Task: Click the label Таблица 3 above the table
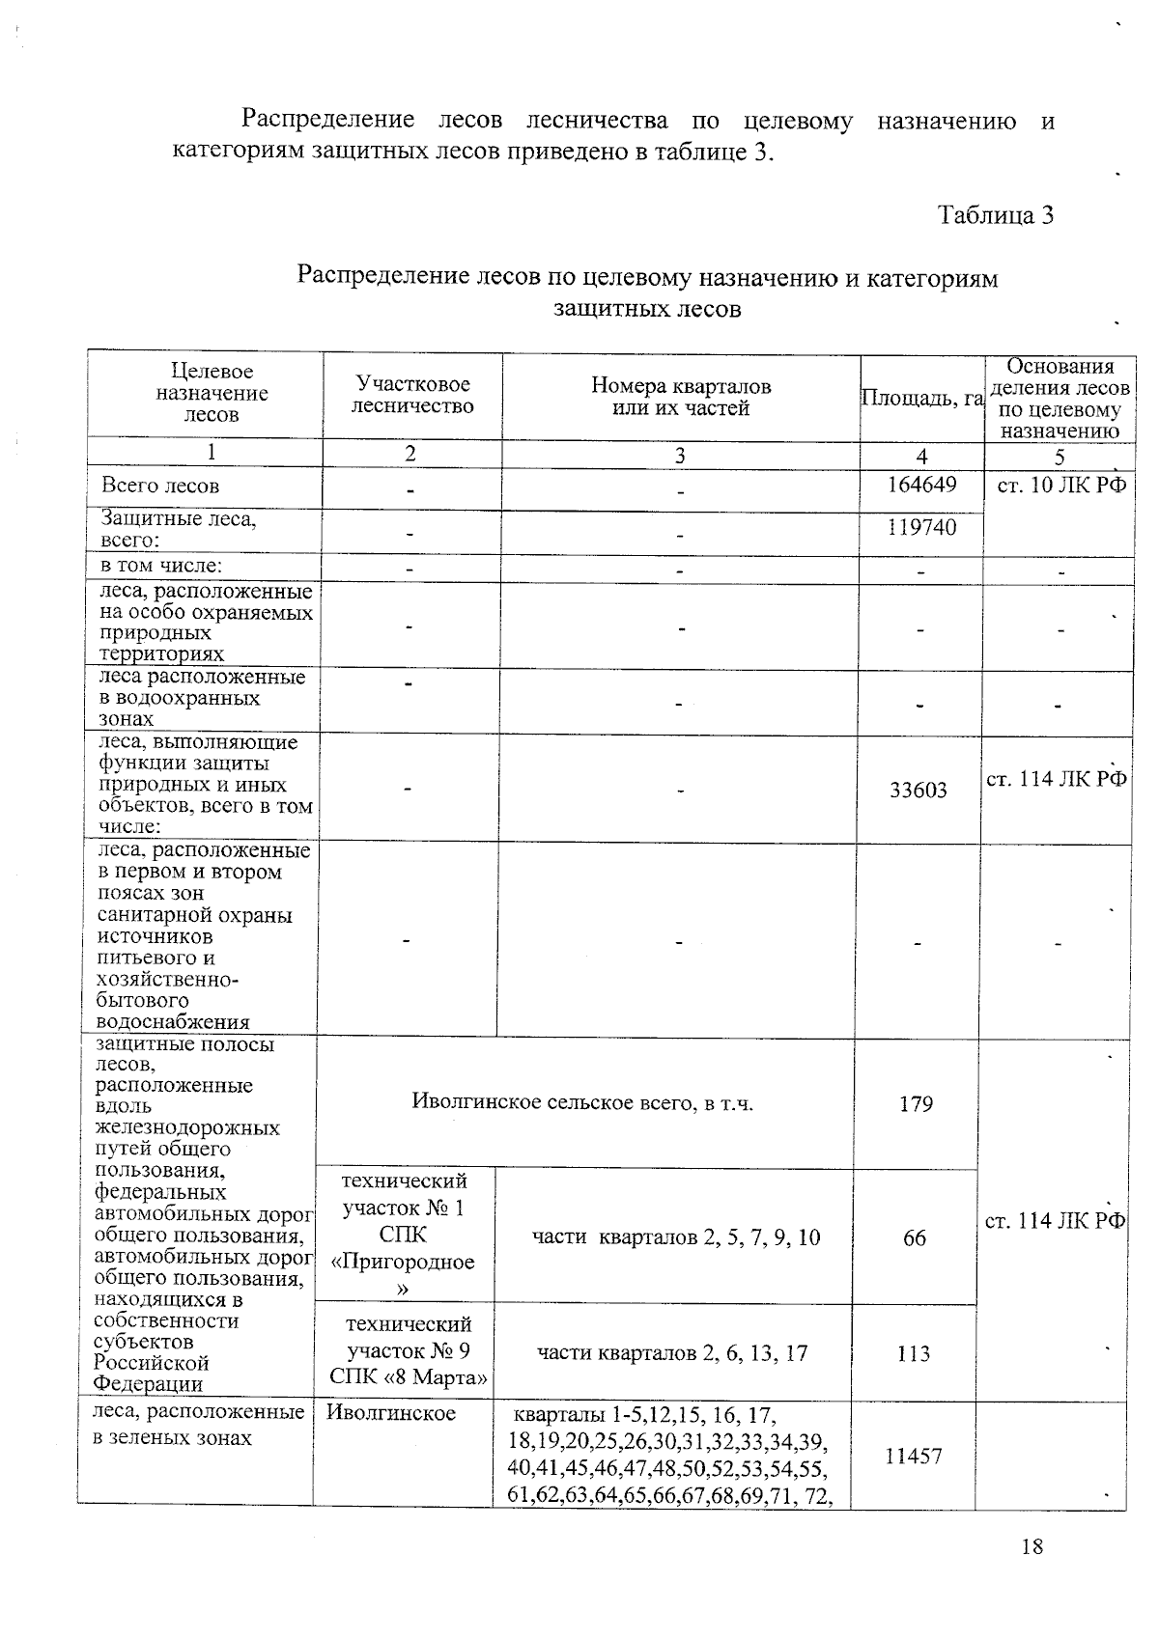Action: tap(995, 214)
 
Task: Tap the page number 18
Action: tap(1032, 1546)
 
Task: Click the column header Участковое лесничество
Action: tap(412, 396)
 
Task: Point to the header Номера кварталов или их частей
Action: tap(681, 398)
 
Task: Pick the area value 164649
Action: tap(921, 485)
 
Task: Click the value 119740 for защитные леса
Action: tap(921, 527)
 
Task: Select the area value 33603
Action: tap(918, 791)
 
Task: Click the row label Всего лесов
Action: tap(160, 486)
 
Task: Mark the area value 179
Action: tap(915, 1103)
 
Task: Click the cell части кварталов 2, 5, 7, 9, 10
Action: tap(676, 1237)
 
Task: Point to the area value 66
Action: tap(914, 1237)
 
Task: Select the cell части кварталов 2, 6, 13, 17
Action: tap(672, 1353)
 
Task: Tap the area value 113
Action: tap(913, 1353)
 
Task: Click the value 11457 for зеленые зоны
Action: tap(913, 1456)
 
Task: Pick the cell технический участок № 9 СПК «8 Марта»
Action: tap(408, 1351)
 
